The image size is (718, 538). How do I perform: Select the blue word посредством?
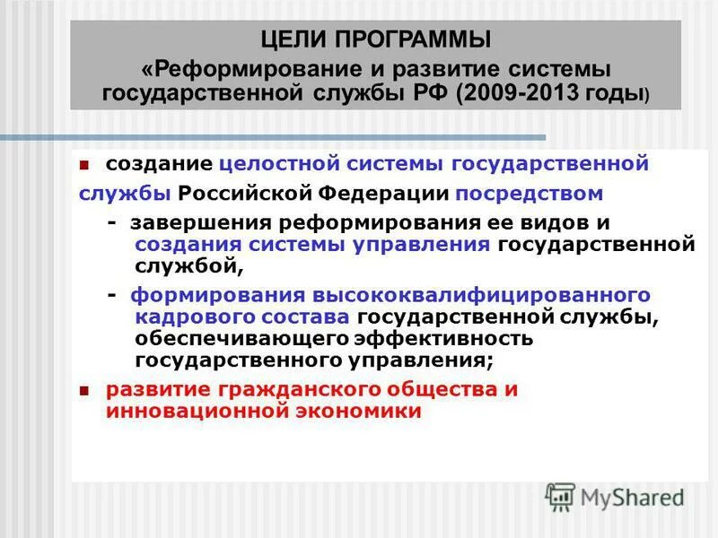pos(529,194)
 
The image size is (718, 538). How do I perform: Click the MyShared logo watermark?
pos(615,496)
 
